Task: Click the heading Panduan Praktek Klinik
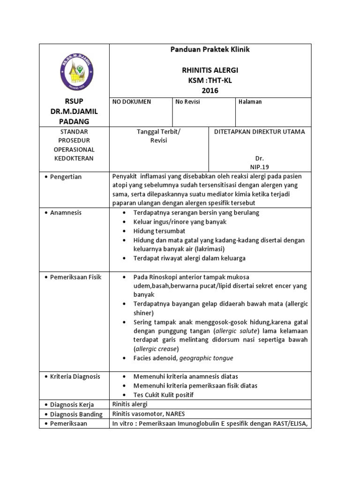point(210,50)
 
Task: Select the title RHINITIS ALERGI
point(210,70)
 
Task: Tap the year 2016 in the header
point(210,90)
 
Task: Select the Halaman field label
point(250,102)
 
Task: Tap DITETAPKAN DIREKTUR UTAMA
point(259,132)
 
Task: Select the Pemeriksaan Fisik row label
point(76,277)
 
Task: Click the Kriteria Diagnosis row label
point(76,376)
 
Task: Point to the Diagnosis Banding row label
point(76,414)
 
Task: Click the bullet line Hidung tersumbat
point(159,231)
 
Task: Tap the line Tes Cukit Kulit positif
point(163,395)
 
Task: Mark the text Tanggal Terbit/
point(158,132)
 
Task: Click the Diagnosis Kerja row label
point(72,405)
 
